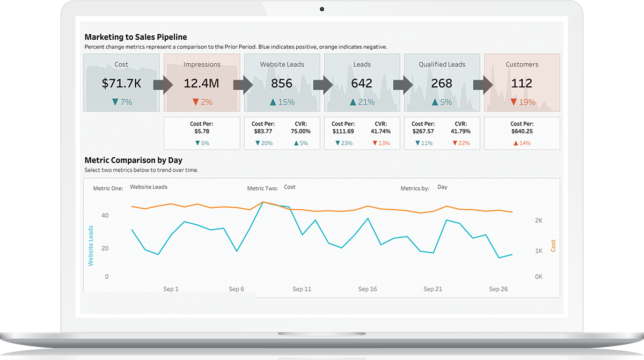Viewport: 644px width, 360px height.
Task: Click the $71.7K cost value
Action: [x=121, y=83]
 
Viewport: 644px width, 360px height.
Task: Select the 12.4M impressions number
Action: [x=202, y=83]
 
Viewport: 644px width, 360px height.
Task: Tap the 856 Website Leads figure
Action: [x=282, y=83]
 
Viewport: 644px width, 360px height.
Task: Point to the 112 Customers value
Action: [x=522, y=83]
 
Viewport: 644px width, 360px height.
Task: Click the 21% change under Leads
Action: [x=362, y=102]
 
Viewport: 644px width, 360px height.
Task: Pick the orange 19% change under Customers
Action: [x=523, y=102]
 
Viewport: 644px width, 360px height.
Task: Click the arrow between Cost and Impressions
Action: [x=163, y=85]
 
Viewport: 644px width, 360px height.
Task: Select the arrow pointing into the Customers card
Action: [x=483, y=85]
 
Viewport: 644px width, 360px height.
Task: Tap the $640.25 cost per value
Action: [x=522, y=131]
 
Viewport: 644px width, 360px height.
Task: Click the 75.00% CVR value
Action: [x=300, y=131]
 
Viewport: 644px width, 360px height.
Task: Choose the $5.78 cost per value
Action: [x=202, y=131]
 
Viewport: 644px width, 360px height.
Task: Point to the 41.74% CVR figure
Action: [x=380, y=131]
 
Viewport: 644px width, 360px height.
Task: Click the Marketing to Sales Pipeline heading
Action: [x=136, y=37]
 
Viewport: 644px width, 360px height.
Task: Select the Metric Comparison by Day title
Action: [x=134, y=160]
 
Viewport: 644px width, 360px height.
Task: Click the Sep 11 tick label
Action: [x=302, y=289]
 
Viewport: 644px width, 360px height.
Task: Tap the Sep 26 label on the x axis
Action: [x=498, y=289]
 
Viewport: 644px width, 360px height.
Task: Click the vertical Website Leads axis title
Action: [x=91, y=246]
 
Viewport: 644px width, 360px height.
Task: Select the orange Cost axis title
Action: [x=553, y=246]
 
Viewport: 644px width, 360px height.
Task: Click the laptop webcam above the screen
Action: [x=322, y=9]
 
